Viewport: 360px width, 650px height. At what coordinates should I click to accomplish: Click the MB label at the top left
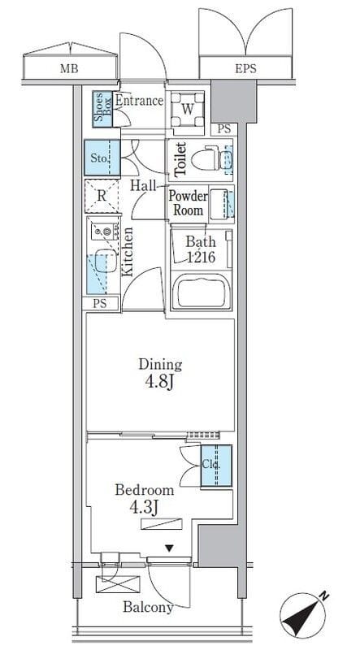(x=69, y=69)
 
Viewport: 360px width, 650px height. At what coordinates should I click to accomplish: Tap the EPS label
(x=245, y=68)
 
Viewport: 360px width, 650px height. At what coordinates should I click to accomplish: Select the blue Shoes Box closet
(x=102, y=109)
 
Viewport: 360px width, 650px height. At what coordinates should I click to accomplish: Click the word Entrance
(x=138, y=101)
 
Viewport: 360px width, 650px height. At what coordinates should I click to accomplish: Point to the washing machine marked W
(x=188, y=110)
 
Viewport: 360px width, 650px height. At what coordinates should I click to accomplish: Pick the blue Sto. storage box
(x=102, y=158)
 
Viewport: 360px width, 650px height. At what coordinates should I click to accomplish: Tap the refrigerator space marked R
(x=102, y=196)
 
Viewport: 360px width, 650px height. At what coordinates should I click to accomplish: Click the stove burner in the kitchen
(x=106, y=232)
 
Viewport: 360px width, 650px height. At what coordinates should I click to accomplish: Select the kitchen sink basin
(x=106, y=261)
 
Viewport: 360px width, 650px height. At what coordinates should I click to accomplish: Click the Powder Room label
(x=188, y=203)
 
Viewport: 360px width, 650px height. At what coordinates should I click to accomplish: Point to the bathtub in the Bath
(x=202, y=292)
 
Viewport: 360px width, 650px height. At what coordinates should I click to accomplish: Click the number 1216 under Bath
(x=200, y=258)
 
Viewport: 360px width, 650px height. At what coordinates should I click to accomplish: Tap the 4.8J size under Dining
(x=158, y=382)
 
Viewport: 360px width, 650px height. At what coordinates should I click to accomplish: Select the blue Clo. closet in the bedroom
(x=216, y=466)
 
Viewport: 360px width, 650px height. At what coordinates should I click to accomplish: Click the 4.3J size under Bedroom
(x=144, y=506)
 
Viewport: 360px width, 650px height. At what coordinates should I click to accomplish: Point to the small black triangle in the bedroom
(x=168, y=548)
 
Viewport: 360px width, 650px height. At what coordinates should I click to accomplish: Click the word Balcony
(x=148, y=607)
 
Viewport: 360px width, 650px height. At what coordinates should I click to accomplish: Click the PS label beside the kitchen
(x=99, y=303)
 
